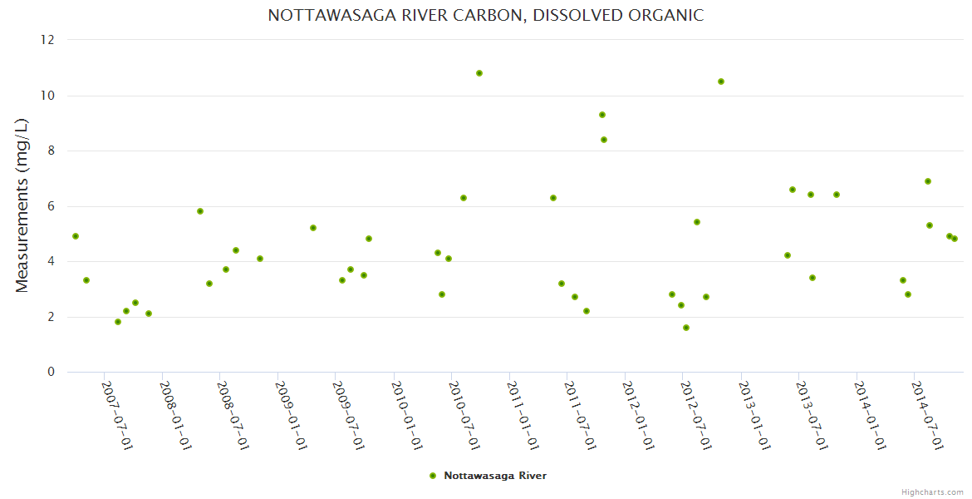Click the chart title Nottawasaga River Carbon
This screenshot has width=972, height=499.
tap(485, 15)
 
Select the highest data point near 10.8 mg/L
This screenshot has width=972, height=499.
tap(479, 73)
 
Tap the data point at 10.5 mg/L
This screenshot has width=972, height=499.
tap(721, 82)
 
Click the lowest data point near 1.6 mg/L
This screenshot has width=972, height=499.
tap(686, 328)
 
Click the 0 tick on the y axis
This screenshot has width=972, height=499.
tap(52, 372)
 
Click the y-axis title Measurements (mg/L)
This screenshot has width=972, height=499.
tap(22, 205)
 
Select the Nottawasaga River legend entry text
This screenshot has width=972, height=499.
tap(495, 476)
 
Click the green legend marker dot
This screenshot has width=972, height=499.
tap(433, 476)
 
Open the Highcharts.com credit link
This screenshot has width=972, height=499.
tap(932, 492)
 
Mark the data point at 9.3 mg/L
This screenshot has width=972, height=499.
tap(602, 115)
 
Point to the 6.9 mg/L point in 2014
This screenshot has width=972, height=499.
tap(928, 181)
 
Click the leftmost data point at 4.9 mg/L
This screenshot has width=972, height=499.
tap(76, 236)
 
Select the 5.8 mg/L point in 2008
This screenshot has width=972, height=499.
tap(200, 211)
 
